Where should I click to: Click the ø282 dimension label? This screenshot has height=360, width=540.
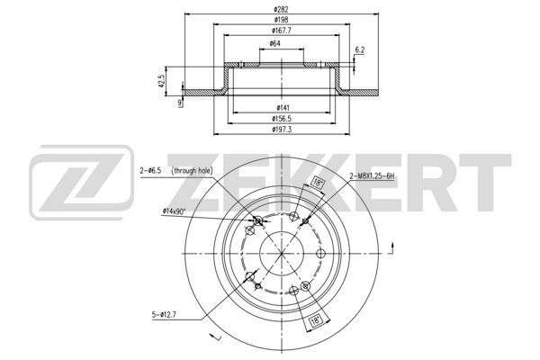click(x=281, y=9)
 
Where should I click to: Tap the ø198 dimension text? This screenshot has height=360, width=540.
click(x=281, y=20)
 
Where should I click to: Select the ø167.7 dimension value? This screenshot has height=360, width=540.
click(x=282, y=31)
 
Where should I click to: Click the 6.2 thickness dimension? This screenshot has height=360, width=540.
click(x=359, y=50)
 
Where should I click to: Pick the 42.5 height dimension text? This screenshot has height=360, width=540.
click(x=161, y=81)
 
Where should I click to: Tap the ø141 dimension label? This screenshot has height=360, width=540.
click(x=283, y=108)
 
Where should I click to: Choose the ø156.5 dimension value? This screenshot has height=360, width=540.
click(x=282, y=119)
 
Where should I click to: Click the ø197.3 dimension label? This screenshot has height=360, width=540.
click(x=282, y=130)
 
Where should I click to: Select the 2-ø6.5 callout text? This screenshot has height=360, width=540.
click(x=150, y=170)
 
